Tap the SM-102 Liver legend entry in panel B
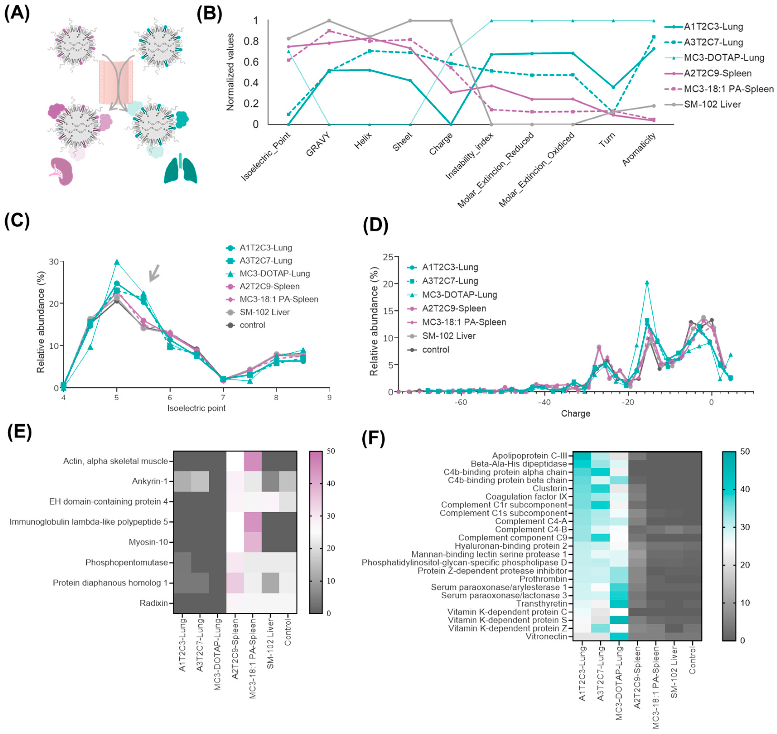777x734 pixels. point(712,105)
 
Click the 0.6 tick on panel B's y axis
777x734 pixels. point(251,62)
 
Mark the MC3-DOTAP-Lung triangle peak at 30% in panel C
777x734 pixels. point(116,262)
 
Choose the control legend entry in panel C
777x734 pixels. point(252,325)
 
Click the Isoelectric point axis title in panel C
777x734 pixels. point(196,408)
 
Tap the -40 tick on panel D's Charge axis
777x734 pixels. point(544,402)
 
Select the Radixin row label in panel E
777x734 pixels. point(154,603)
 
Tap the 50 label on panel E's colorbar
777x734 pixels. point(331,451)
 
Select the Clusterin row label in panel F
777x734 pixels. point(549,488)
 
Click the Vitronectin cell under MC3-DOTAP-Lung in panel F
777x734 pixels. point(619,637)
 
